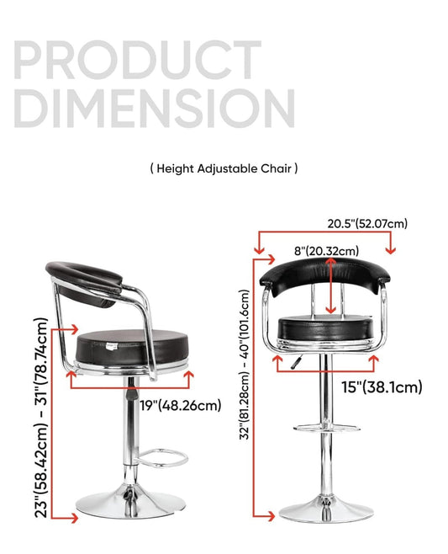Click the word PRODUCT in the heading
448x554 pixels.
point(138,59)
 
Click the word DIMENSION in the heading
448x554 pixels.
point(154,108)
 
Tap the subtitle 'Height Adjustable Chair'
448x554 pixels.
point(224,168)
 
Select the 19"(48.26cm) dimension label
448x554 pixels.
point(180,405)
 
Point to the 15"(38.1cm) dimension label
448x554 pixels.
point(382,387)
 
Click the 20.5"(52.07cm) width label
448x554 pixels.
point(367,224)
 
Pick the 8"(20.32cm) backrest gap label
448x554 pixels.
point(326,251)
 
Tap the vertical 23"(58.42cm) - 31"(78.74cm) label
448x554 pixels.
point(41,418)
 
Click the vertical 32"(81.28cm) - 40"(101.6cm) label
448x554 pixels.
point(245,365)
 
